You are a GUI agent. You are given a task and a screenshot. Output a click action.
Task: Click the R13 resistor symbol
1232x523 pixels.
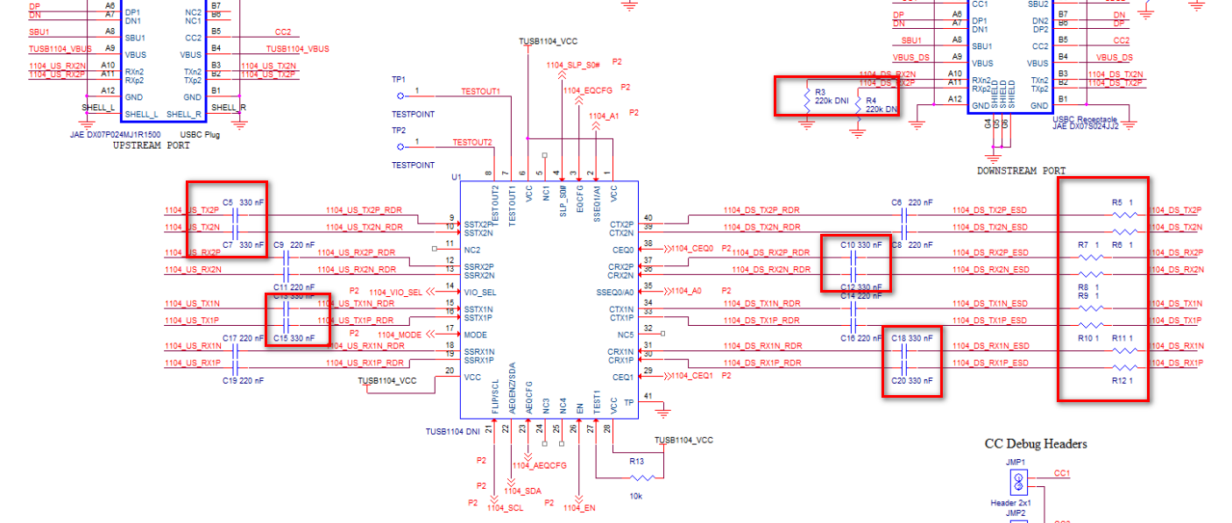click(x=643, y=477)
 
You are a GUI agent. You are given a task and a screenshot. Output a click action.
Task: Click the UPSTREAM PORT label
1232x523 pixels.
click(x=151, y=145)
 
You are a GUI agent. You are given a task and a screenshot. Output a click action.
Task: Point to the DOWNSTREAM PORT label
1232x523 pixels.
click(x=1022, y=171)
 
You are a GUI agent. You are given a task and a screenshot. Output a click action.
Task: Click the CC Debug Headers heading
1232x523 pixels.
click(x=1036, y=444)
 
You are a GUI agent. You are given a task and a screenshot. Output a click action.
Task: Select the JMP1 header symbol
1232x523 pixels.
click(x=1019, y=481)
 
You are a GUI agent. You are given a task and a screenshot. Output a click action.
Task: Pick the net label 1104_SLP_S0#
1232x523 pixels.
click(x=573, y=65)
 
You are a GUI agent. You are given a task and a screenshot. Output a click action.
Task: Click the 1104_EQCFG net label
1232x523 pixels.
click(x=587, y=90)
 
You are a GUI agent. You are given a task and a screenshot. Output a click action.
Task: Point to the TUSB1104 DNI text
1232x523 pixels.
click(x=453, y=431)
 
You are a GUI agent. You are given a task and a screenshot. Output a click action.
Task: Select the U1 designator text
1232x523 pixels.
click(x=456, y=177)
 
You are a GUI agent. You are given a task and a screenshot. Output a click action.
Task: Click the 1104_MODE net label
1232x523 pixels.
click(x=400, y=335)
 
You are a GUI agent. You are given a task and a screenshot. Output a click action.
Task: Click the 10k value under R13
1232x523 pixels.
click(x=635, y=497)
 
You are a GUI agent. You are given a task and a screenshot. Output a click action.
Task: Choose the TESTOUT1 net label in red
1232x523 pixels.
click(x=480, y=91)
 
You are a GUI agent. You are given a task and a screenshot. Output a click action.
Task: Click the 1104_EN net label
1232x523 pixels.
click(x=579, y=507)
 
